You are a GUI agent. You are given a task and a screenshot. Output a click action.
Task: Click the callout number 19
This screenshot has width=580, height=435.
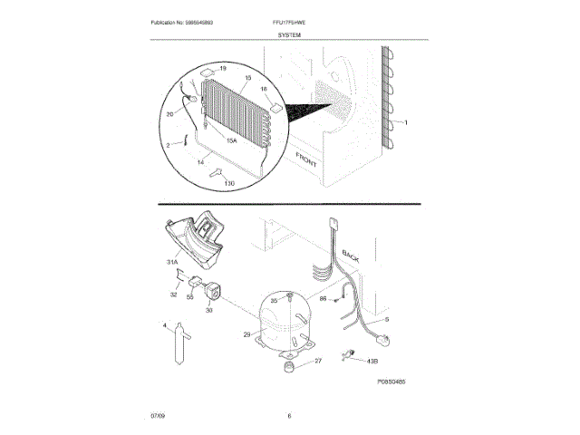(223, 69)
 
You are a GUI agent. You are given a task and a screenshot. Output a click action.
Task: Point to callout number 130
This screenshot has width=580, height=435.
(228, 184)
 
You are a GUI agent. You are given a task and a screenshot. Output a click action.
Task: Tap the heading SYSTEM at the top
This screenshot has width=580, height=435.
(290, 34)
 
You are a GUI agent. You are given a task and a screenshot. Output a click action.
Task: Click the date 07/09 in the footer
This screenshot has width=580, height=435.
(159, 416)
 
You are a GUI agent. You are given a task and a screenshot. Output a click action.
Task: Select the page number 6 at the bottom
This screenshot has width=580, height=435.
(289, 416)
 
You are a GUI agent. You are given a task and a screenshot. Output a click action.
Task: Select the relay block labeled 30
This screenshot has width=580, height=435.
(215, 292)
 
